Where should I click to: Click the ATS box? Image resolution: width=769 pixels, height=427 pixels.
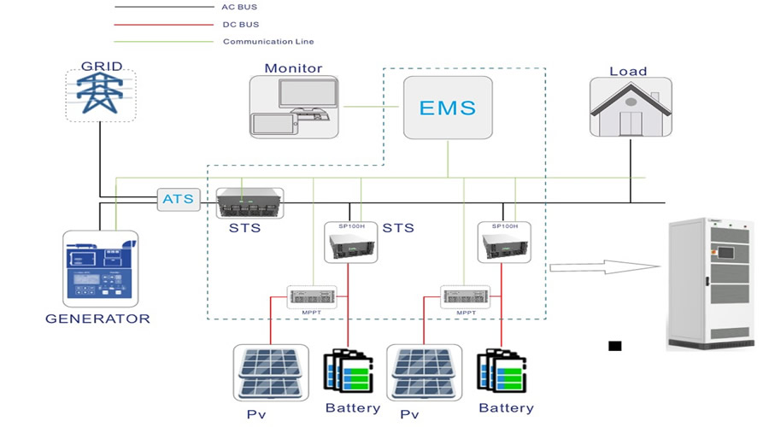[x=179, y=201]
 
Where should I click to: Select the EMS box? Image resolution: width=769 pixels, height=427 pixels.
[x=448, y=108]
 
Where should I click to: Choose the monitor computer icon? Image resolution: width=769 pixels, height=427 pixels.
[x=293, y=107]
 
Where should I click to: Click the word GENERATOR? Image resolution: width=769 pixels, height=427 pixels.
[x=97, y=319]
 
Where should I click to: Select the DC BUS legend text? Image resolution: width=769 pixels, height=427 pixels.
[x=240, y=25]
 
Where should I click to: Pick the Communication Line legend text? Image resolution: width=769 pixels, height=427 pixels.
[x=267, y=41]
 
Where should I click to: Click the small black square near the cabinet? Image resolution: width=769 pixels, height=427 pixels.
[x=614, y=346]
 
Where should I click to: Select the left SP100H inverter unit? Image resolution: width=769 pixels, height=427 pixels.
[x=350, y=242]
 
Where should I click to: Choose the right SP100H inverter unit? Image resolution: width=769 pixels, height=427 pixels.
[x=504, y=242]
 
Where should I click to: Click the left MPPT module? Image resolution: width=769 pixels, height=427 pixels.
[x=312, y=296]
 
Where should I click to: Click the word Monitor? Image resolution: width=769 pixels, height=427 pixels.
[x=293, y=68]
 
